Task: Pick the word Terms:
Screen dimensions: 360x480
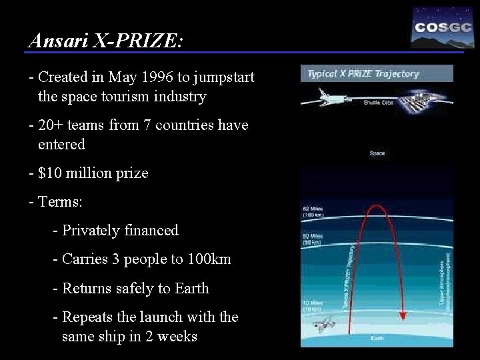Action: point(61,202)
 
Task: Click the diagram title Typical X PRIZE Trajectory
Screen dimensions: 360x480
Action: point(363,73)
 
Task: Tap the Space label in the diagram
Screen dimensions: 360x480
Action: point(377,153)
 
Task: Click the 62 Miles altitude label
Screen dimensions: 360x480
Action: point(313,210)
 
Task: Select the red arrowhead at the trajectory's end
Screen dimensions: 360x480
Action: point(403,313)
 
